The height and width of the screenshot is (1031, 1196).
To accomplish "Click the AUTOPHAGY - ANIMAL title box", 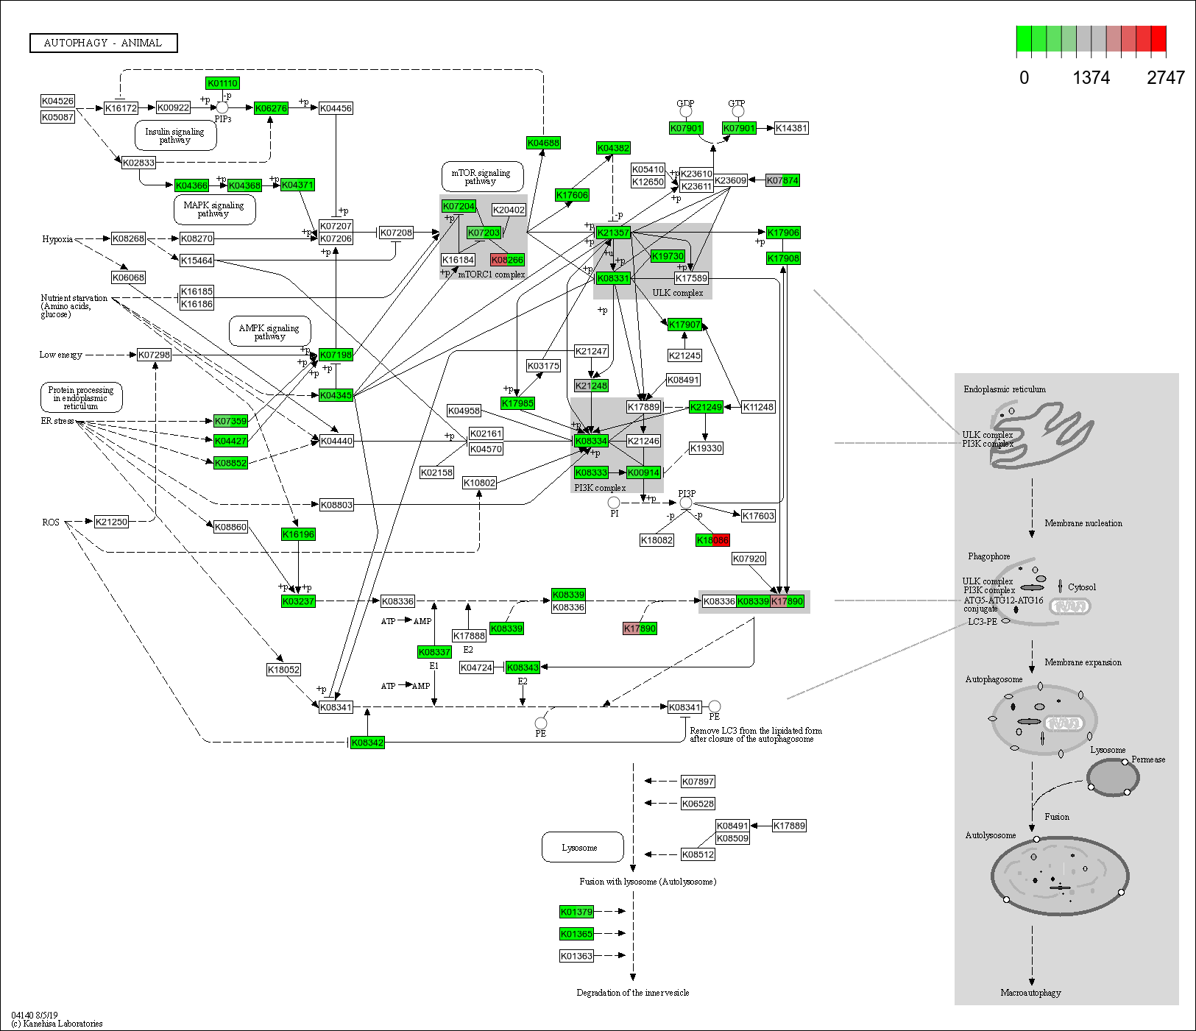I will (103, 43).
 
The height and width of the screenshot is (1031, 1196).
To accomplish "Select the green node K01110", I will (222, 84).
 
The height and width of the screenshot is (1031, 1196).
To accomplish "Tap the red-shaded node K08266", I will (507, 260).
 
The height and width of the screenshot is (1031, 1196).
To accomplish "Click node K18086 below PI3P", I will (712, 540).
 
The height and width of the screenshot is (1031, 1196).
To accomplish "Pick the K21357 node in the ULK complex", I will (613, 233).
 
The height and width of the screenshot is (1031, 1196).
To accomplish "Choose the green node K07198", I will (336, 355).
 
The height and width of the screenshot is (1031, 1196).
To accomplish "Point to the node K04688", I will (543, 143).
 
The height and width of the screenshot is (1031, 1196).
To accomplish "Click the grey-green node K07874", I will (782, 180).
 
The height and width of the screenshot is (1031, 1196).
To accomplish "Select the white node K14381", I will (791, 128).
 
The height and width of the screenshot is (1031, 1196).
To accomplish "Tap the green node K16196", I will (298, 534).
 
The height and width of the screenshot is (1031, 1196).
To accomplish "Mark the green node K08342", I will (367, 743).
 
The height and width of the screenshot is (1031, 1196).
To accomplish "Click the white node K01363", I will (576, 956).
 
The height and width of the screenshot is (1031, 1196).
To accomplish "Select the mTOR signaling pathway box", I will (482, 177).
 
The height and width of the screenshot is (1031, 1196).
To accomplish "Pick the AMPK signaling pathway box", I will (269, 332).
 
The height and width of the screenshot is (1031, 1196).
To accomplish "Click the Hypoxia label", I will (57, 239).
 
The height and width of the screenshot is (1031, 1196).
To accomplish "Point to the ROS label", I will (51, 522).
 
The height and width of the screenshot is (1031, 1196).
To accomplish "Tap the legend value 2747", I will (1165, 78).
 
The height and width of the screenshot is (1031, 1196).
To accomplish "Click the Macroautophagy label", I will (1030, 993).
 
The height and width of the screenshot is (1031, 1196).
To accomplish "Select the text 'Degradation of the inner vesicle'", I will (633, 993).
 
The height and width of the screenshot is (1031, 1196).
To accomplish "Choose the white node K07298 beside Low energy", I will (154, 355).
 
